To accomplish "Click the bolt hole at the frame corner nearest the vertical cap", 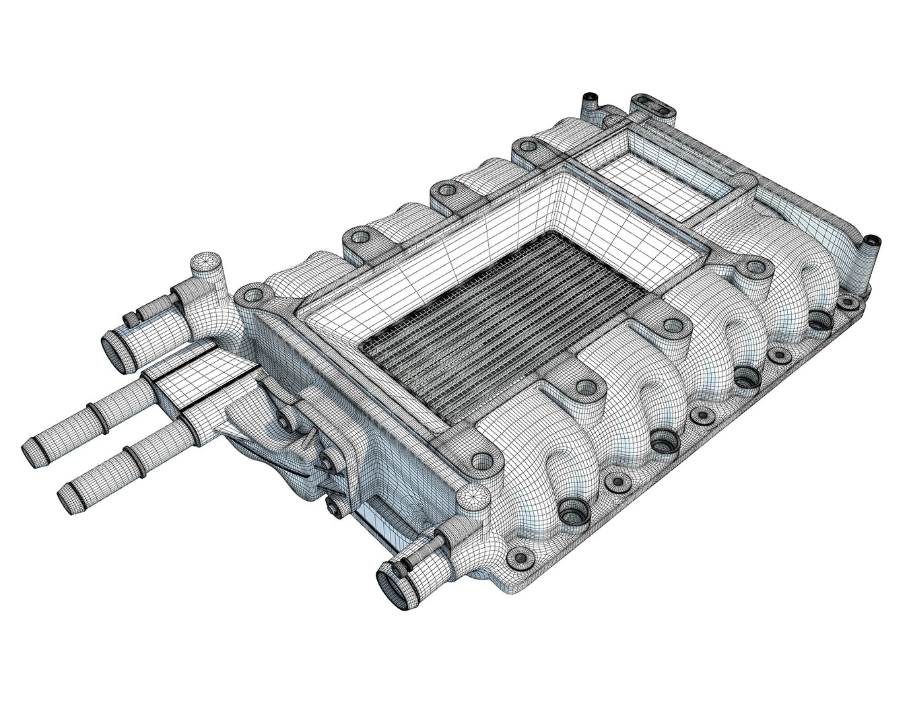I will pyautogui.click(x=253, y=295).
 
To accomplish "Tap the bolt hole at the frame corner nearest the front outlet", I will pyautogui.click(x=481, y=460).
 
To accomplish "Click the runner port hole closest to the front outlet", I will pyautogui.click(x=572, y=516).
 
